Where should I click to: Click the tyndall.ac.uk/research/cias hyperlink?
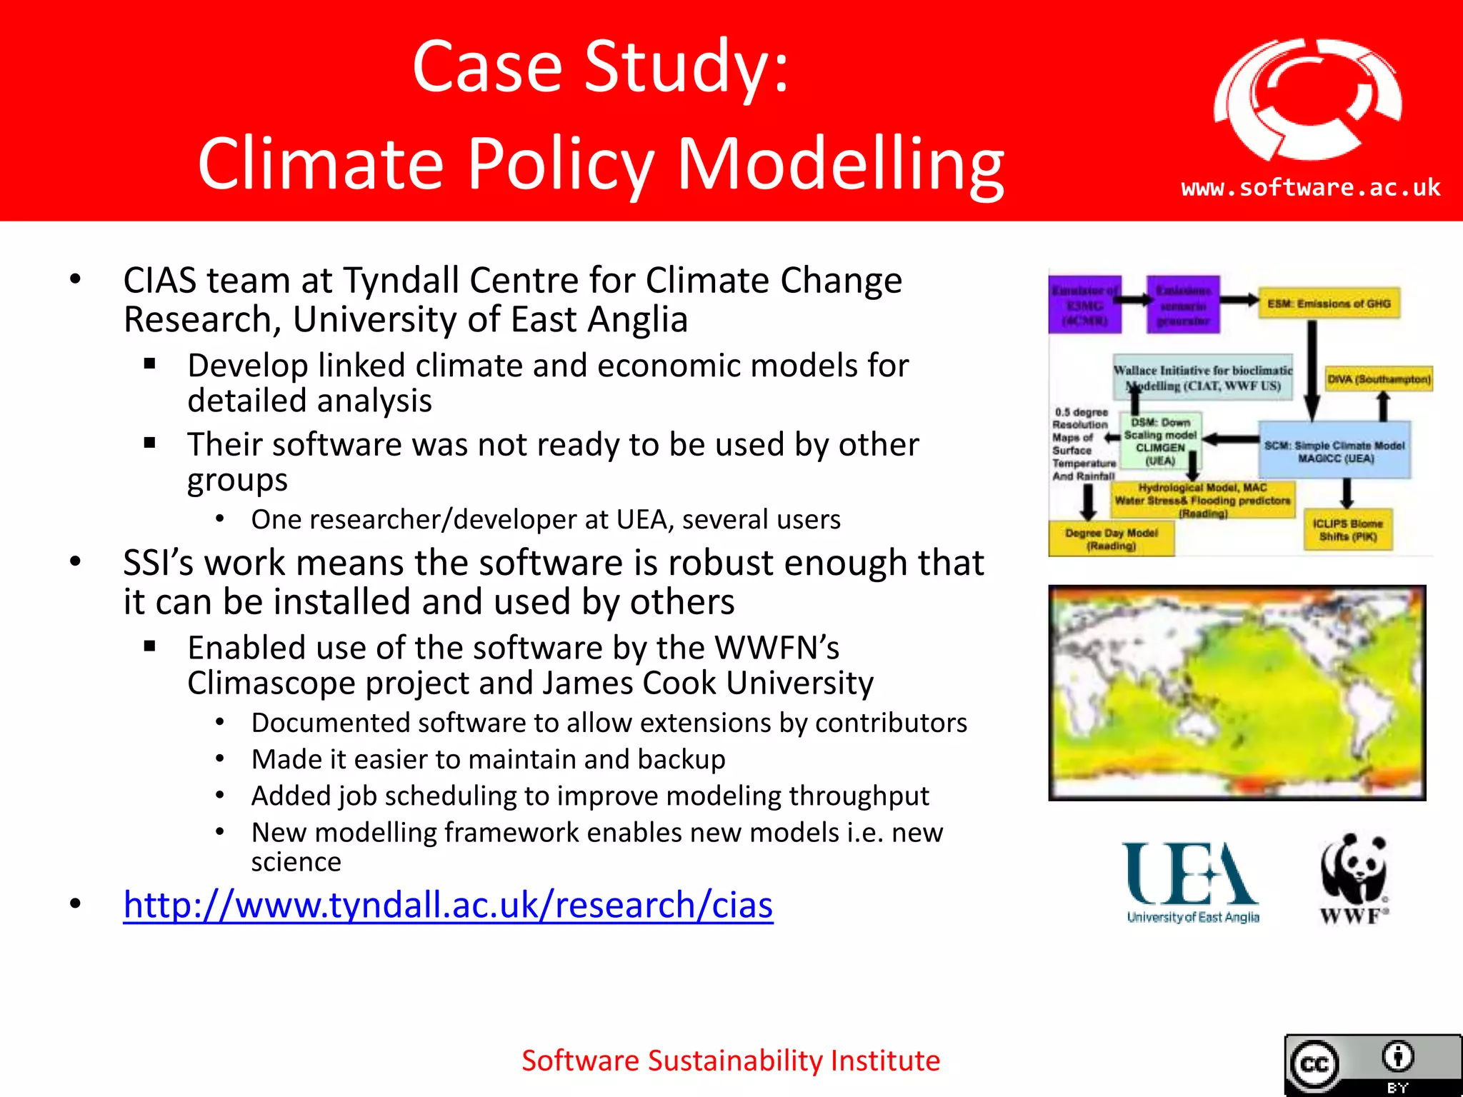(448, 905)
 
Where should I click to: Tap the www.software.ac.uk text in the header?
(1310, 188)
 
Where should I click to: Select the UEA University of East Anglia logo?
(1192, 883)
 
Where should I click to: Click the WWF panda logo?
(1354, 878)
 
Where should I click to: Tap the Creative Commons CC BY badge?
(1372, 1065)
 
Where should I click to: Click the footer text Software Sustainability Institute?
(730, 1061)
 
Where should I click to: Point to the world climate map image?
(1237, 693)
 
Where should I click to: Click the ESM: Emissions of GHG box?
(1329, 304)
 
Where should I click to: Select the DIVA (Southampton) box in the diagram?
(1379, 379)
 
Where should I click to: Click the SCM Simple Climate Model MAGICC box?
(1334, 451)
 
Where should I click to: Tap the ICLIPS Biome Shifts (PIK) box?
(1347, 530)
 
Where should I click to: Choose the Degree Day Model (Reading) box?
(1111, 539)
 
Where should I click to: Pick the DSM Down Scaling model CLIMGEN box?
(1160, 441)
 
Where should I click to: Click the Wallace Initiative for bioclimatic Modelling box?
(1203, 377)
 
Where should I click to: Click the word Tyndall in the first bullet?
(402, 280)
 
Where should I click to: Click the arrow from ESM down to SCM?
(1312, 371)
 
